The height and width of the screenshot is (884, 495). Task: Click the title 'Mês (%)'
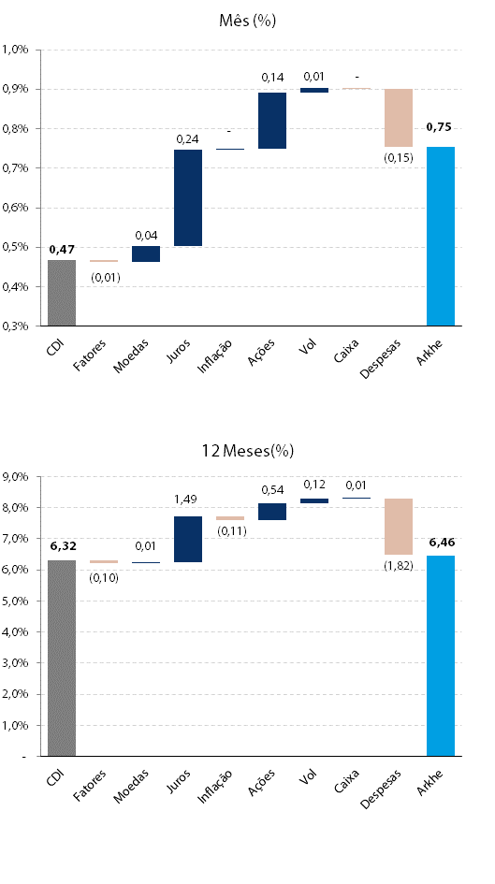(247, 21)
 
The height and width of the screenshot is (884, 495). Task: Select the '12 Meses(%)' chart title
(248, 451)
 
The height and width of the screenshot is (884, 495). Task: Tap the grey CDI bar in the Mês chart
(62, 293)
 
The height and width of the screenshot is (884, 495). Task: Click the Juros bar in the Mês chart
(188, 198)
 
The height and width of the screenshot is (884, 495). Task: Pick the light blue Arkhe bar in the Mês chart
(441, 237)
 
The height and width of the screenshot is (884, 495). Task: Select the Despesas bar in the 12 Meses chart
(399, 527)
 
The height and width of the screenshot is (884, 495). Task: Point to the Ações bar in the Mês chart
(272, 121)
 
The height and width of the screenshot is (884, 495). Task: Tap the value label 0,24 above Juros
(188, 139)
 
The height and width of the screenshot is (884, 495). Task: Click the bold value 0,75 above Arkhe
(439, 127)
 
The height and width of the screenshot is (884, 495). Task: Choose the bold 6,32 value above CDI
(63, 545)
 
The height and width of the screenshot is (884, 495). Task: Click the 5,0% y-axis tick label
(16, 601)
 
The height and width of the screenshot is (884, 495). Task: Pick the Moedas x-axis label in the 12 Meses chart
(131, 786)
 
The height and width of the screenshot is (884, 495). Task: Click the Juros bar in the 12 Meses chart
(188, 540)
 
